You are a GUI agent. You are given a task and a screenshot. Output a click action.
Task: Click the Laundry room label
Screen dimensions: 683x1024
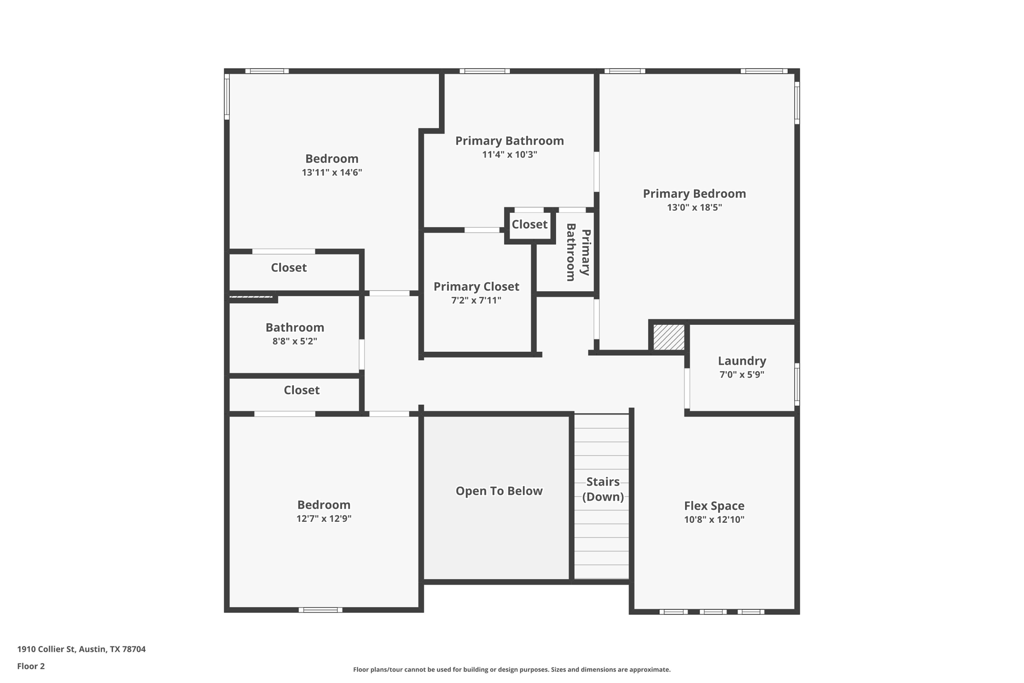[741, 361]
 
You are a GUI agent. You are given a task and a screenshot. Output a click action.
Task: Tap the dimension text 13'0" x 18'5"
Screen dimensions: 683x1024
[694, 207]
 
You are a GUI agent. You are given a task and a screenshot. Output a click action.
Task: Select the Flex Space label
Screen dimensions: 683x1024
[714, 506]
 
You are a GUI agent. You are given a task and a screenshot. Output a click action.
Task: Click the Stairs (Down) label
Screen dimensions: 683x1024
[602, 489]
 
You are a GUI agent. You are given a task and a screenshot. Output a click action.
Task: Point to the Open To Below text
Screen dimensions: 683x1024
[498, 491]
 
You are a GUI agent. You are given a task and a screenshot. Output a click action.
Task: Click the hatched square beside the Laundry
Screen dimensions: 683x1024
[668, 337]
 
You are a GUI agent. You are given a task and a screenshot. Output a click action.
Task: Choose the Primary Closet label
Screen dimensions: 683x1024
[476, 287]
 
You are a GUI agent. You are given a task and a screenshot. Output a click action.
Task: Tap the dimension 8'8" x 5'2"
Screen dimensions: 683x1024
[294, 341]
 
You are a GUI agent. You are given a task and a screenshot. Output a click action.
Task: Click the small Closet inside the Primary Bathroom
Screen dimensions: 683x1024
[529, 224]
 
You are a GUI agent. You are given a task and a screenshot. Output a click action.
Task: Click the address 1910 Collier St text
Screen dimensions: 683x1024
[81, 649]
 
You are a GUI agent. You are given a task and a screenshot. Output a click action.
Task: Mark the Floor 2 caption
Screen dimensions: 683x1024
[31, 666]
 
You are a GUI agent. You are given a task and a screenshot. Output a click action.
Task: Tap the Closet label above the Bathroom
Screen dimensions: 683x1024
[288, 268]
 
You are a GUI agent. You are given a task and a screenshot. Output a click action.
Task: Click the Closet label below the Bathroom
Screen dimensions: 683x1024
[301, 390]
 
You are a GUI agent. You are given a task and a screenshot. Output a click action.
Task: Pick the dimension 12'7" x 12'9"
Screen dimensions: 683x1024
[323, 518]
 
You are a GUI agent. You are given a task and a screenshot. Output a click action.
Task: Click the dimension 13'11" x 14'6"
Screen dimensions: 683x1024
[331, 173]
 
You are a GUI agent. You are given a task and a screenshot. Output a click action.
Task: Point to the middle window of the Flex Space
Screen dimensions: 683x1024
[712, 611]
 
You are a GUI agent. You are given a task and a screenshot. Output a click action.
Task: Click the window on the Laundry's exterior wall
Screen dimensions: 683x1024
[797, 384]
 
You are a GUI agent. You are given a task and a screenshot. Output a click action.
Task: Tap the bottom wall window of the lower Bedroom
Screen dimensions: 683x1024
[320, 609]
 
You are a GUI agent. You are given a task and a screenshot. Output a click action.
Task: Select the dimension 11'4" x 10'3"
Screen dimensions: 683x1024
[509, 155]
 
